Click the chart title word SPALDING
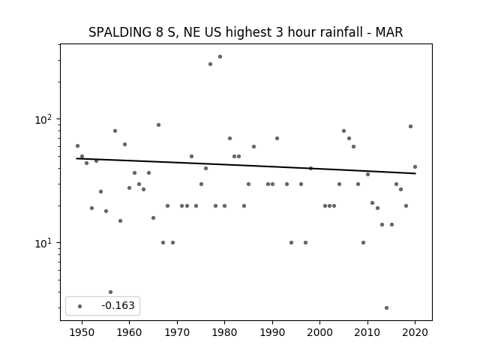tap(119, 32)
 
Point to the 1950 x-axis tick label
tap(82, 332)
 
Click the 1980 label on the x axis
tap(225, 332)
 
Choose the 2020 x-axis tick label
tap(415, 332)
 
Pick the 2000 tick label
tap(320, 332)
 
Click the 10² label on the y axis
tap(43, 119)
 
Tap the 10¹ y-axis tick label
tap(43, 243)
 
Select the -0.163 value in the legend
tap(118, 305)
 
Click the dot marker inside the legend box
tap(80, 306)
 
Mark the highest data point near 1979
tap(220, 57)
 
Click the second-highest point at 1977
tap(210, 64)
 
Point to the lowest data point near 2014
tap(387, 307)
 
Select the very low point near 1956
tap(110, 292)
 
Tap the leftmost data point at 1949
tap(77, 145)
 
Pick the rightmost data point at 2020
tap(415, 166)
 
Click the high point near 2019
tap(410, 127)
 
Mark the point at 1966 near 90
tap(158, 125)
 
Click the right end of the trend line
tap(415, 173)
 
